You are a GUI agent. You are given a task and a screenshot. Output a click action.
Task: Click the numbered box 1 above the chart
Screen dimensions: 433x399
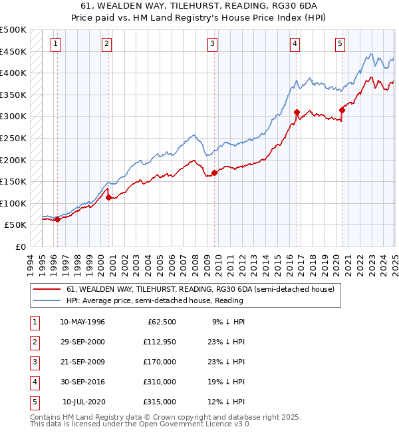coord(55,44)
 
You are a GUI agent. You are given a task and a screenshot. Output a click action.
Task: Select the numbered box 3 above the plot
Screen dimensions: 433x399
coord(212,44)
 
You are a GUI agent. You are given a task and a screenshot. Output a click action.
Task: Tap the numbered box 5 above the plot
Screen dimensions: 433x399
coord(340,44)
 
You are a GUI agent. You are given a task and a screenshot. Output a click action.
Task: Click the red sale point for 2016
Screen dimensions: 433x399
coord(297,112)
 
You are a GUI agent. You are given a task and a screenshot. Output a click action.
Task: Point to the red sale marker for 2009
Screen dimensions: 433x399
coord(214,173)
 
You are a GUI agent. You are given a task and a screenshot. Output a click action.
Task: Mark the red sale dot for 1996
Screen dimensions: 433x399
coord(57,219)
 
